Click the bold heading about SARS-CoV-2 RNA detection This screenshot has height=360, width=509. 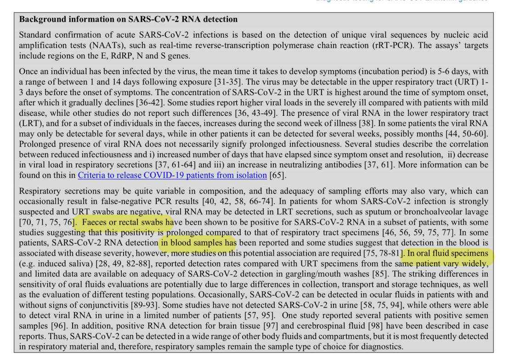128,20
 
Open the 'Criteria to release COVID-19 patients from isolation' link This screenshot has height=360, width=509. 172,175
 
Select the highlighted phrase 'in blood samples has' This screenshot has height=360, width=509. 198,243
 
